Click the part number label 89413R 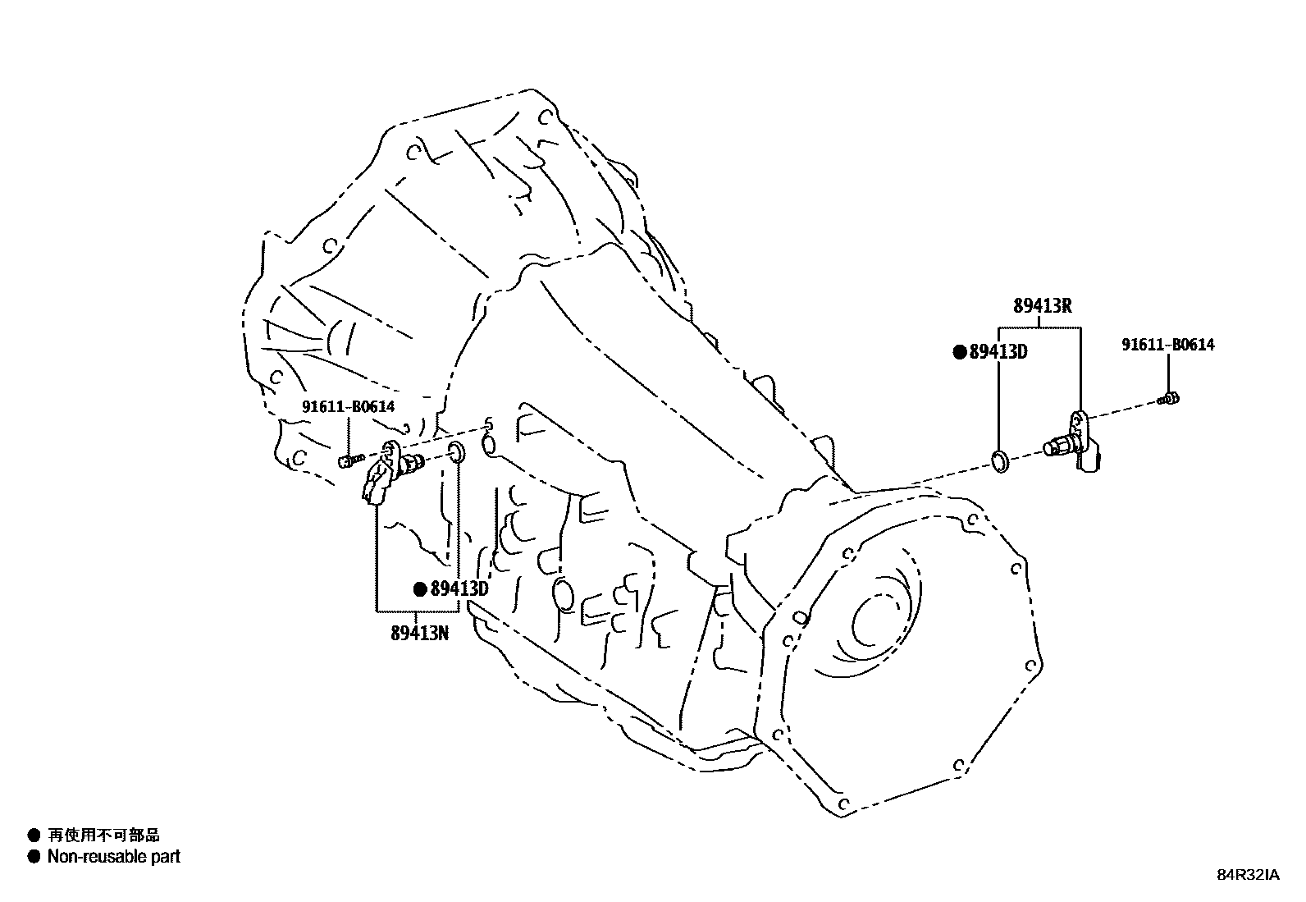1042,306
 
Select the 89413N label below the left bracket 419,633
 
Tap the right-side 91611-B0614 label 1167,345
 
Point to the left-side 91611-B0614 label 348,406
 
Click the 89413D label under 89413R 998,352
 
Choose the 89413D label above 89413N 459,588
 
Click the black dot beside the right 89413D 959,352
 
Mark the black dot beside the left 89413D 420,588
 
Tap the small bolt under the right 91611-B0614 1169,399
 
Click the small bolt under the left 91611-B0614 349,460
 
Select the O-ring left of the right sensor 1000,461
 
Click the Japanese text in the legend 103,836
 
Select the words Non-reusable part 113,857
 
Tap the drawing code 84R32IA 1247,875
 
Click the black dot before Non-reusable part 34,857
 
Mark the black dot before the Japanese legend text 34,836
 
